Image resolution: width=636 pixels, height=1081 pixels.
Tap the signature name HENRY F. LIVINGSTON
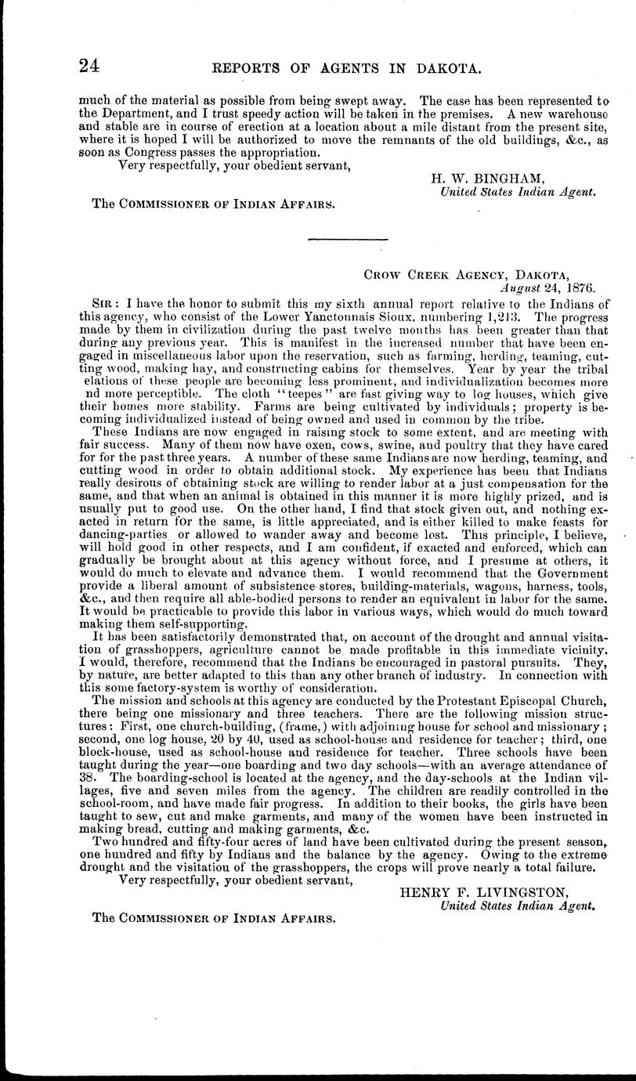tap(485, 891)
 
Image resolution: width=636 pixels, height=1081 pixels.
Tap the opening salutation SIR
tap(104, 302)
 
